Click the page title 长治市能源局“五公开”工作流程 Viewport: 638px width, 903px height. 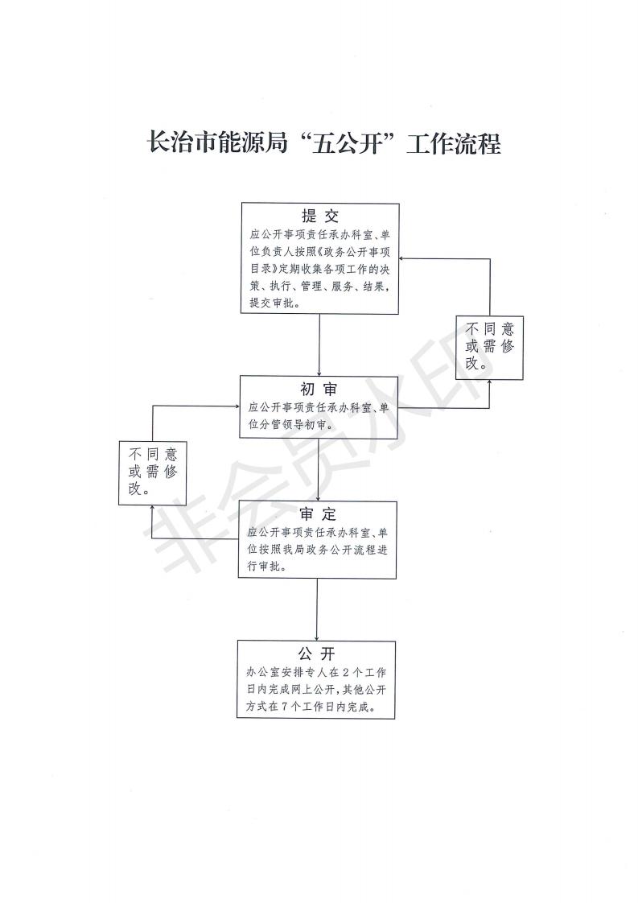pyautogui.click(x=324, y=142)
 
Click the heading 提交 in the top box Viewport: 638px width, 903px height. pyautogui.click(x=320, y=216)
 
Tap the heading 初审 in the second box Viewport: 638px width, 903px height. pyautogui.click(x=319, y=390)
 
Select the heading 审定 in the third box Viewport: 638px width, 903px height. pyautogui.click(x=317, y=514)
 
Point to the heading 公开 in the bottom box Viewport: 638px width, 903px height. pyautogui.click(x=316, y=654)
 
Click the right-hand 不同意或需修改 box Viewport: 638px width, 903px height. pyautogui.click(x=489, y=348)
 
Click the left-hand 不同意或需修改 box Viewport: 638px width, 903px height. pyautogui.click(x=152, y=472)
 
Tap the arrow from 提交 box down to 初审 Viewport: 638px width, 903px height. pyautogui.click(x=319, y=345)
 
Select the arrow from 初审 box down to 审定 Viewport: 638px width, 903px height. pyautogui.click(x=318, y=469)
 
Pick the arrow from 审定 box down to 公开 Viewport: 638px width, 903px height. pyautogui.click(x=317, y=610)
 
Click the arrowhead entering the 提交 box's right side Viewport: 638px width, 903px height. pyautogui.click(x=403, y=258)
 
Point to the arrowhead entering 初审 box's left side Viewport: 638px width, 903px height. pyautogui.click(x=236, y=406)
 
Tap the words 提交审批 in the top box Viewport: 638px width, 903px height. pyautogui.click(x=270, y=303)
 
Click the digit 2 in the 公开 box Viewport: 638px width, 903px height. pyautogui.click(x=345, y=672)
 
